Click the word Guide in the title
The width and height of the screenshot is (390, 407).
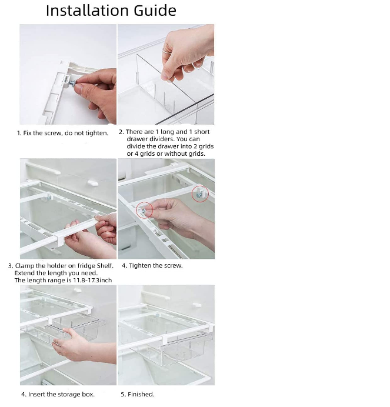coord(155,11)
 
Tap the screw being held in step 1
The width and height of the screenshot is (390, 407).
coord(72,84)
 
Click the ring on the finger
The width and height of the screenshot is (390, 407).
coord(167,51)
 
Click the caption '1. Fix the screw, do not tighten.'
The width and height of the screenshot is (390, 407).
coord(63,133)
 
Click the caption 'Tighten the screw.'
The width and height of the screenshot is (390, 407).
coord(156,265)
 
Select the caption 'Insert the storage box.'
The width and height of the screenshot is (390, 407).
coord(61,394)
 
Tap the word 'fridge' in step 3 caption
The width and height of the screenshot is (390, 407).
coord(86,266)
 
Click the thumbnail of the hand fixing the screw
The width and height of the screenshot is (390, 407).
coord(68,74)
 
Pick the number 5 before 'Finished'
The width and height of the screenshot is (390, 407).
coord(122,394)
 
